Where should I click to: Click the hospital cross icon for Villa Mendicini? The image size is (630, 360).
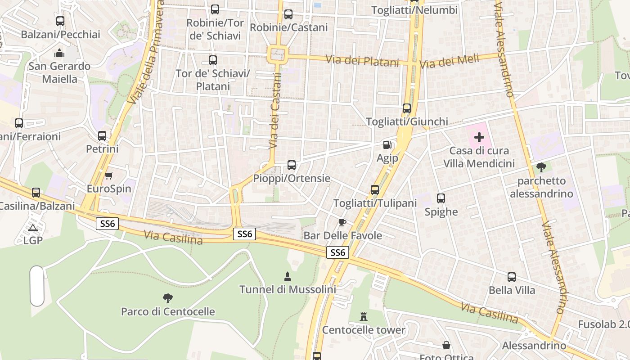click(x=479, y=137)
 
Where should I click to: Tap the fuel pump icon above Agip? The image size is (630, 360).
click(x=387, y=145)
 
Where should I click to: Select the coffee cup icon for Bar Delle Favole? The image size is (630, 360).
click(x=342, y=222)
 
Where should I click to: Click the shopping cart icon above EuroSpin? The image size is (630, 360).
click(x=108, y=175)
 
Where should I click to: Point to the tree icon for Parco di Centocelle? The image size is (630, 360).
click(x=168, y=298)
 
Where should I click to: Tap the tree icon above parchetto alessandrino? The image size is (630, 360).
click(x=541, y=167)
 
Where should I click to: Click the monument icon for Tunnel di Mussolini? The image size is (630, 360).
click(x=288, y=276)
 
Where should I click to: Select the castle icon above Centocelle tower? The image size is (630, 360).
click(x=364, y=317)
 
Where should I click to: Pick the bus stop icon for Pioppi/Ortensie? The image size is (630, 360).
click(x=292, y=165)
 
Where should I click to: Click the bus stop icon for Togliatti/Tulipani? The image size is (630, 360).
click(x=375, y=190)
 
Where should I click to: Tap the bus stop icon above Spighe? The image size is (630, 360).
click(x=441, y=198)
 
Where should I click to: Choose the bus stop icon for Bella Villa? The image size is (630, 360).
click(x=512, y=277)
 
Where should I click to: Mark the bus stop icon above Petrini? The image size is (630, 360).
click(x=102, y=135)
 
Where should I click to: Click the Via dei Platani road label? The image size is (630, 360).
click(x=362, y=60)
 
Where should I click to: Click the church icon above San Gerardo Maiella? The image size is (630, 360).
click(x=59, y=53)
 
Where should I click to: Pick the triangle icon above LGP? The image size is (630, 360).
click(x=32, y=228)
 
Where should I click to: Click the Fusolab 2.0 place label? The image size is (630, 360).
click(x=603, y=324)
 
